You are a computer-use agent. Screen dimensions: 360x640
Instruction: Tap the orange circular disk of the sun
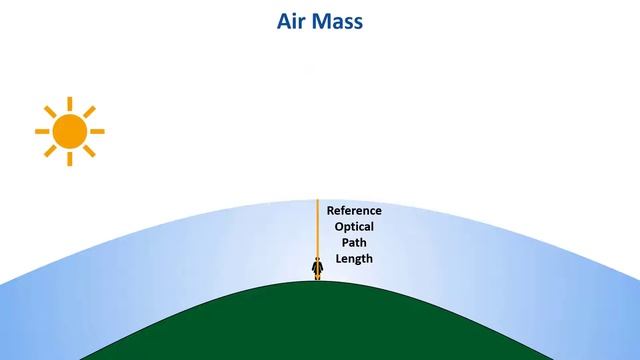click(69, 131)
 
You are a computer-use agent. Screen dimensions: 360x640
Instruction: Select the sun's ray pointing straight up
click(69, 104)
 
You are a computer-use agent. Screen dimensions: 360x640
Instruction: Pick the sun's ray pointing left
click(42, 131)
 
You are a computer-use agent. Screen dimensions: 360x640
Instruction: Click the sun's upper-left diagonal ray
click(50, 112)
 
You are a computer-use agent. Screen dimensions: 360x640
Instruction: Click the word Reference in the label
click(354, 211)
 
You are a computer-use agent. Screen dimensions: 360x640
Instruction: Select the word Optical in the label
click(354, 227)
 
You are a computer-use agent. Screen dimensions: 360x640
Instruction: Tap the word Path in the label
click(354, 243)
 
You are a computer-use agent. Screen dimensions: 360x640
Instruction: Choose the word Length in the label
click(354, 259)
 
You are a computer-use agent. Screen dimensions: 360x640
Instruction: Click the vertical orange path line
click(318, 230)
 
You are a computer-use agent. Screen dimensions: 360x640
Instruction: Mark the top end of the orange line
click(318, 201)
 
